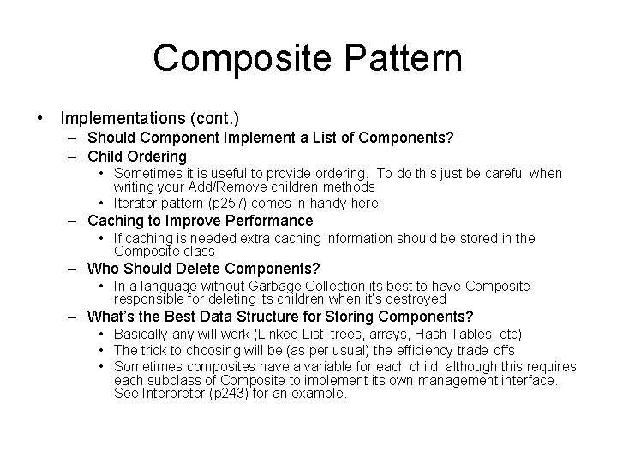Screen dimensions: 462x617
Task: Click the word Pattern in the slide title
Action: (x=402, y=59)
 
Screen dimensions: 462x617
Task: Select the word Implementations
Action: (x=117, y=116)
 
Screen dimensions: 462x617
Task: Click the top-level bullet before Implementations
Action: (x=40, y=116)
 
